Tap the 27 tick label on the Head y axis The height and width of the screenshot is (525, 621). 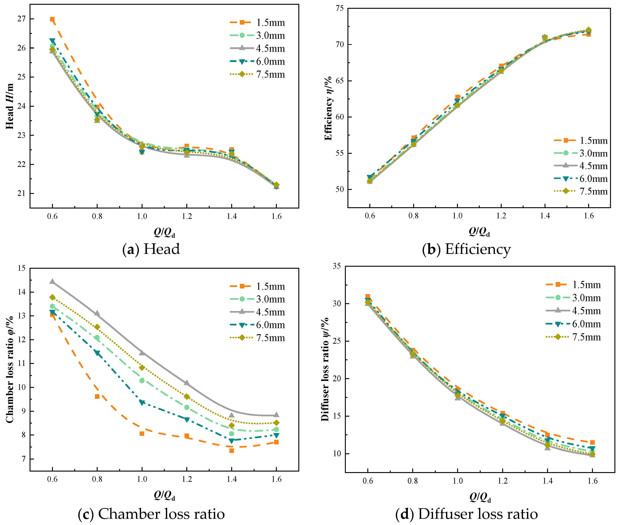tap(21, 19)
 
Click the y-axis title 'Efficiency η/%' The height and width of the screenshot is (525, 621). tap(328, 108)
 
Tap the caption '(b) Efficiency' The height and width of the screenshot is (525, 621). tap(466, 249)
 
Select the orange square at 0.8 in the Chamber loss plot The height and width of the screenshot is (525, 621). tap(97, 396)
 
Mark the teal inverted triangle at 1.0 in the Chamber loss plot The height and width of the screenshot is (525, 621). tap(142, 403)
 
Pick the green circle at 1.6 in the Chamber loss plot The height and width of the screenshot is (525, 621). tap(276, 429)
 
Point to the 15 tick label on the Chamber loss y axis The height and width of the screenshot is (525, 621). tap(21, 268)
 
